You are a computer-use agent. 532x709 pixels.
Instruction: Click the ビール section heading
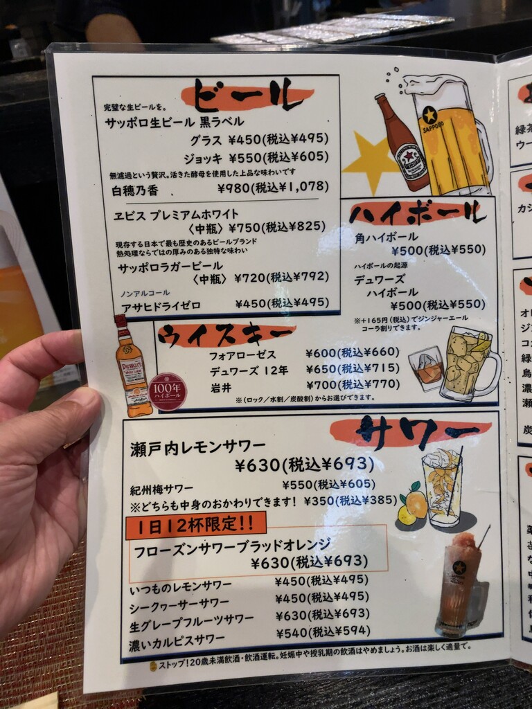click(242, 97)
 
